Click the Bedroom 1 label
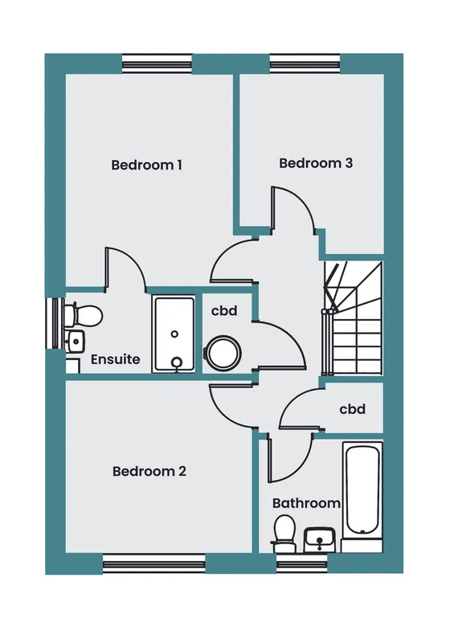(x=147, y=165)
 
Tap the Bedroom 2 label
(x=149, y=471)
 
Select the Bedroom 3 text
(x=316, y=163)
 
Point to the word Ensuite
(x=115, y=359)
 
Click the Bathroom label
(x=306, y=503)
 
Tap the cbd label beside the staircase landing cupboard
(x=352, y=409)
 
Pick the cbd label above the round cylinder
(x=224, y=311)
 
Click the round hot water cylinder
(x=223, y=353)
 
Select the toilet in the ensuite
(x=84, y=315)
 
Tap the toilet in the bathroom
(x=284, y=534)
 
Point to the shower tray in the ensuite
(x=174, y=334)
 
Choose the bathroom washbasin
(x=320, y=539)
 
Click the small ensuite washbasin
(x=75, y=341)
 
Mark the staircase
(x=353, y=318)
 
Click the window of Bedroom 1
(x=157, y=64)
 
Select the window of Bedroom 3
(x=305, y=64)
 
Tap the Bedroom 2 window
(x=153, y=563)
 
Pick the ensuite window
(x=55, y=323)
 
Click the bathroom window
(x=302, y=563)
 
